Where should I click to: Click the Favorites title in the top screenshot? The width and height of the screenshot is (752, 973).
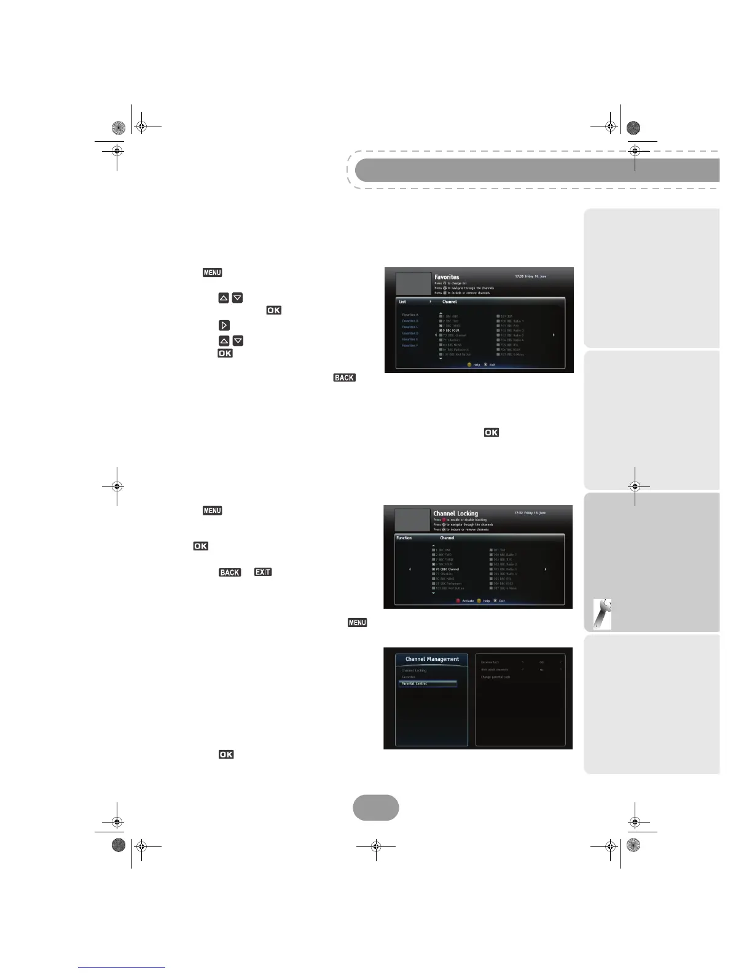[447, 277]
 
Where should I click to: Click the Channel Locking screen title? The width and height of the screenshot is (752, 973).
[455, 514]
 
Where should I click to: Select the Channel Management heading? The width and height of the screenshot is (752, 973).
[432, 659]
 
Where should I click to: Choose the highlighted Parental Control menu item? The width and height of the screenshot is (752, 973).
[427, 684]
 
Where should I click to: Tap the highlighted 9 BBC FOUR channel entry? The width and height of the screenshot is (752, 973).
[450, 330]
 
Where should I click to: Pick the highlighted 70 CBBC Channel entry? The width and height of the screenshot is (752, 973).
[447, 569]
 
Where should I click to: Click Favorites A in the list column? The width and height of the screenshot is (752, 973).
[410, 315]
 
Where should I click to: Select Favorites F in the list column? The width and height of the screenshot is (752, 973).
[410, 346]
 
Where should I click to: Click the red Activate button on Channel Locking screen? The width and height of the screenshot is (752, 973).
[464, 601]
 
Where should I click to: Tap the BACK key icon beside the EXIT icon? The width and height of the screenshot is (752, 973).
[230, 572]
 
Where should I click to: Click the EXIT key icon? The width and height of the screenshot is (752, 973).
[263, 572]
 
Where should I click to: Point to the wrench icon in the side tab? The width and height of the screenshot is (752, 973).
[603, 614]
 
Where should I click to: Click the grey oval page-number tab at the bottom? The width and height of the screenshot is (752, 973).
[375, 808]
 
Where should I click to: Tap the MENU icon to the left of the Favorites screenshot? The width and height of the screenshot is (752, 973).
[212, 273]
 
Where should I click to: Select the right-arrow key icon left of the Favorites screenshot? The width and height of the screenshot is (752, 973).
[224, 325]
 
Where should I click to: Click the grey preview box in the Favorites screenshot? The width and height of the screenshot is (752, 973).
[413, 284]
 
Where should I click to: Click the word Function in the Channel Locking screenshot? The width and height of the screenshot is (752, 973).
[404, 538]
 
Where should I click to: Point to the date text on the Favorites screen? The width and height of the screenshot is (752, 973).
[530, 277]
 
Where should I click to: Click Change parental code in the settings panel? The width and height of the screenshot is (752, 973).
[495, 677]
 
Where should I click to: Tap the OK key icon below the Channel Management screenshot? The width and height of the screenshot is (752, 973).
[225, 754]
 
